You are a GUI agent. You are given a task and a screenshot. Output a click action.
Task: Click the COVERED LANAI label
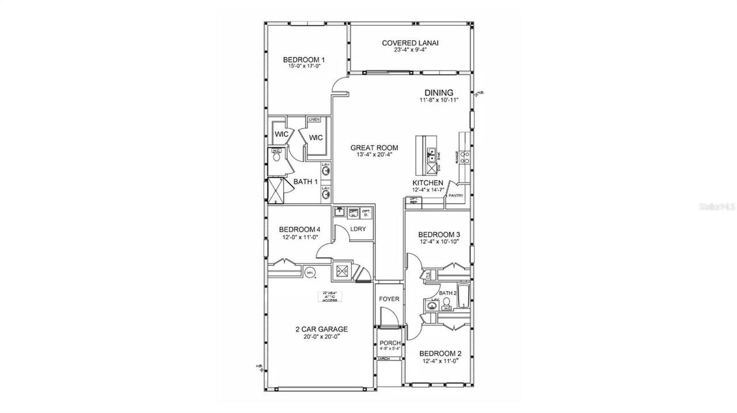[407, 43]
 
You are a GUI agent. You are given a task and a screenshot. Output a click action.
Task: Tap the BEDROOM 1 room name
[304, 60]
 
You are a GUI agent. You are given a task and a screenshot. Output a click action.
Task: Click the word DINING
[439, 93]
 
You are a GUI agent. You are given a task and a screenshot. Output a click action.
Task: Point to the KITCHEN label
[427, 182]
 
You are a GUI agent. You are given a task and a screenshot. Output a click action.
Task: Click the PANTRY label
[455, 196]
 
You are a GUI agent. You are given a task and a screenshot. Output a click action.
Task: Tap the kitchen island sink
[430, 154]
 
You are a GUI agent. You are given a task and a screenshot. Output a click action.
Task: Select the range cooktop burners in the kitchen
[465, 154]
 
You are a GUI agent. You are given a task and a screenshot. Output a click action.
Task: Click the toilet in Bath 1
[276, 156]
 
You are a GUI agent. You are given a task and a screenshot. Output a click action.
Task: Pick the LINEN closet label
[314, 119]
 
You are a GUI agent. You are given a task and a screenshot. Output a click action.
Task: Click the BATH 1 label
[306, 182]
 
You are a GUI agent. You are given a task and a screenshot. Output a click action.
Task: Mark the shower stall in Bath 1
[276, 190]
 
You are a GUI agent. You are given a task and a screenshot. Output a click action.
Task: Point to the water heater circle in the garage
[310, 273]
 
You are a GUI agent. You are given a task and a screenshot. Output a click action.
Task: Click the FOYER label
[389, 299]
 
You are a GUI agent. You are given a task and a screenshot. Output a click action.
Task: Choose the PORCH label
[389, 343]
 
